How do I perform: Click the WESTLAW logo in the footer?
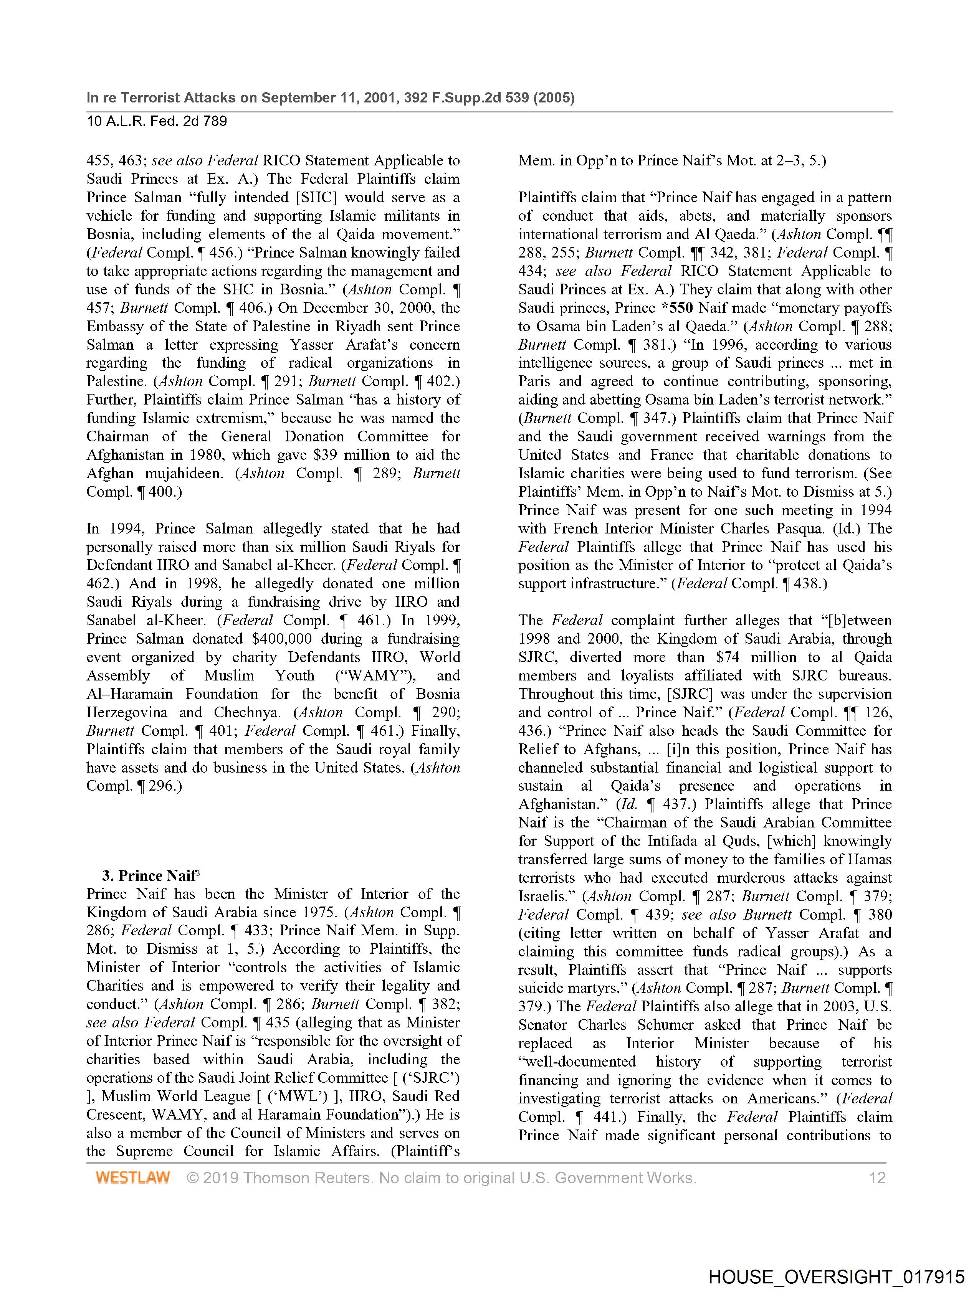[133, 1177]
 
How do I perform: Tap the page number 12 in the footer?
[877, 1177]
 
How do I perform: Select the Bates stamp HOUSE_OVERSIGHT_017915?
[836, 1276]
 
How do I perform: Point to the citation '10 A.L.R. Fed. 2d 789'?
[157, 121]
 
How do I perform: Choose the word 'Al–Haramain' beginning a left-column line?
[130, 694]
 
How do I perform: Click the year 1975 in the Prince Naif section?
[320, 912]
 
